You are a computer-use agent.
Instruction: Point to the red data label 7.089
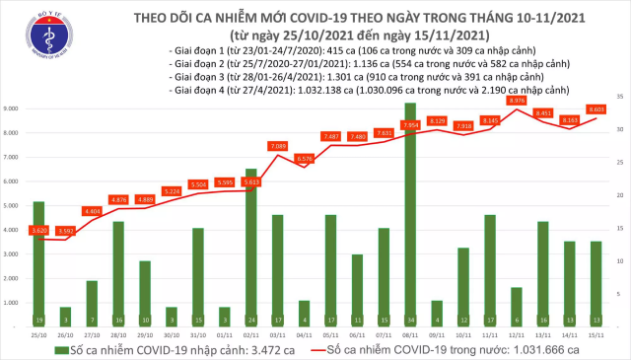277,146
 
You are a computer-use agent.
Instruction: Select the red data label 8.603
596,109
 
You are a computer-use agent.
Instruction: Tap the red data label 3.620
39,230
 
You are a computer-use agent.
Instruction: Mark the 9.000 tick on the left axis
13,108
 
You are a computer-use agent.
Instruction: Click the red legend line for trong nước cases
341,349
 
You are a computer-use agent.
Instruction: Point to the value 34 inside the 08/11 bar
410,321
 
